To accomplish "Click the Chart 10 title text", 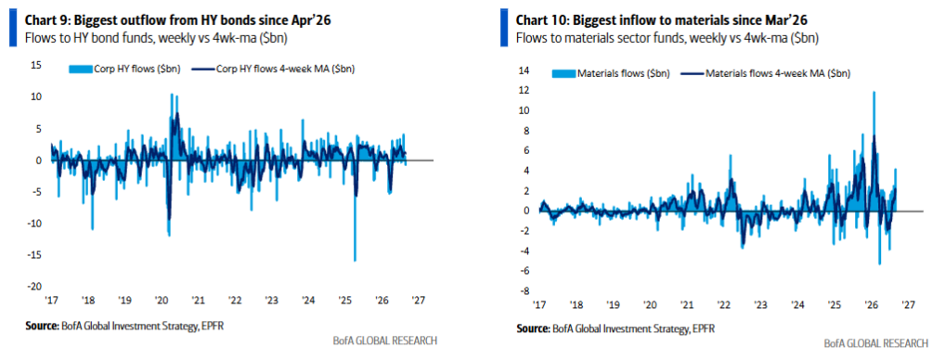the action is coord(662,20).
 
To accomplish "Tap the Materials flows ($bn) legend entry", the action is coord(610,74).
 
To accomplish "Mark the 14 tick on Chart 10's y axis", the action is coord(524,71).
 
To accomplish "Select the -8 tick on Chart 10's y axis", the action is coord(525,290).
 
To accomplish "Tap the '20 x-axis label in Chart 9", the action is coord(162,300).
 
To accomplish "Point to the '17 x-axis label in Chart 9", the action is coord(52,300).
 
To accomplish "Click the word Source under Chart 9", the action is coord(42,326).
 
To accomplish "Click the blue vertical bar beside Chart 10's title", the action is coord(503,28).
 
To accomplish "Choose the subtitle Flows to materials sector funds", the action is coord(610,38).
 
